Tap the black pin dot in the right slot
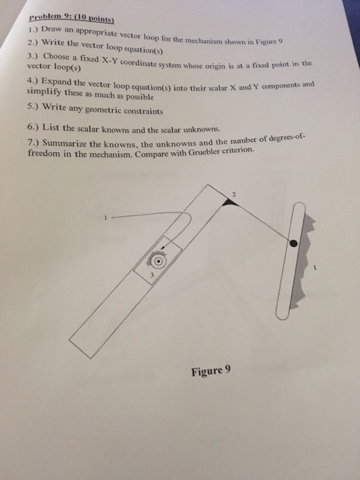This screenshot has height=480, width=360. tap(293, 243)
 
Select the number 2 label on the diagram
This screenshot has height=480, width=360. tap(234, 195)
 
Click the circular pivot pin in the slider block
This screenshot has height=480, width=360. tap(158, 261)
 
